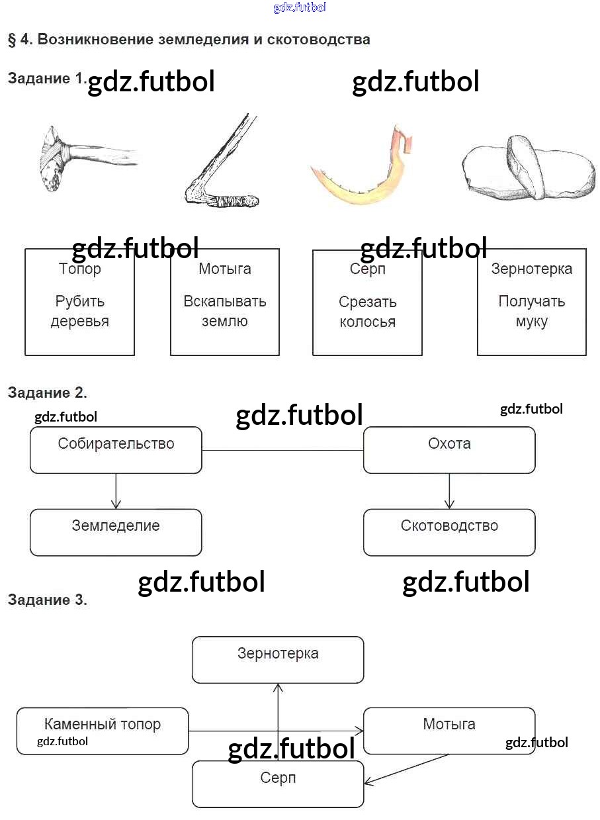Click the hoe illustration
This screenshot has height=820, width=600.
pyautogui.click(x=222, y=165)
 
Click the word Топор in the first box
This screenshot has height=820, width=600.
pyautogui.click(x=80, y=269)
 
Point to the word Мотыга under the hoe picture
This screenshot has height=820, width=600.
pyautogui.click(x=225, y=269)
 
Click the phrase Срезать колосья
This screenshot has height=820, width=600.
pyautogui.click(x=367, y=312)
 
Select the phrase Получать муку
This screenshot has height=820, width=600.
pyautogui.click(x=532, y=311)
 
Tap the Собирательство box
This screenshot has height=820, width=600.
pyautogui.click(x=116, y=450)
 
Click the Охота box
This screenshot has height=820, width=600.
pyautogui.click(x=449, y=450)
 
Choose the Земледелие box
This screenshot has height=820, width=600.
pyautogui.click(x=116, y=532)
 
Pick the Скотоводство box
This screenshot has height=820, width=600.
pyautogui.click(x=449, y=532)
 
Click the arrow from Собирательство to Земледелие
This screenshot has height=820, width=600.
pyautogui.click(x=116, y=491)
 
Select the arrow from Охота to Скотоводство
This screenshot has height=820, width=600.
pyautogui.click(x=449, y=491)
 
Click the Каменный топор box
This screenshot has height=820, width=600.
pyautogui.click(x=103, y=731)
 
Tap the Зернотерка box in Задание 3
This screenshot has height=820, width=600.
pyautogui.click(x=278, y=659)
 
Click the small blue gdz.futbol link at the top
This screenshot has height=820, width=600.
pyautogui.click(x=300, y=8)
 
